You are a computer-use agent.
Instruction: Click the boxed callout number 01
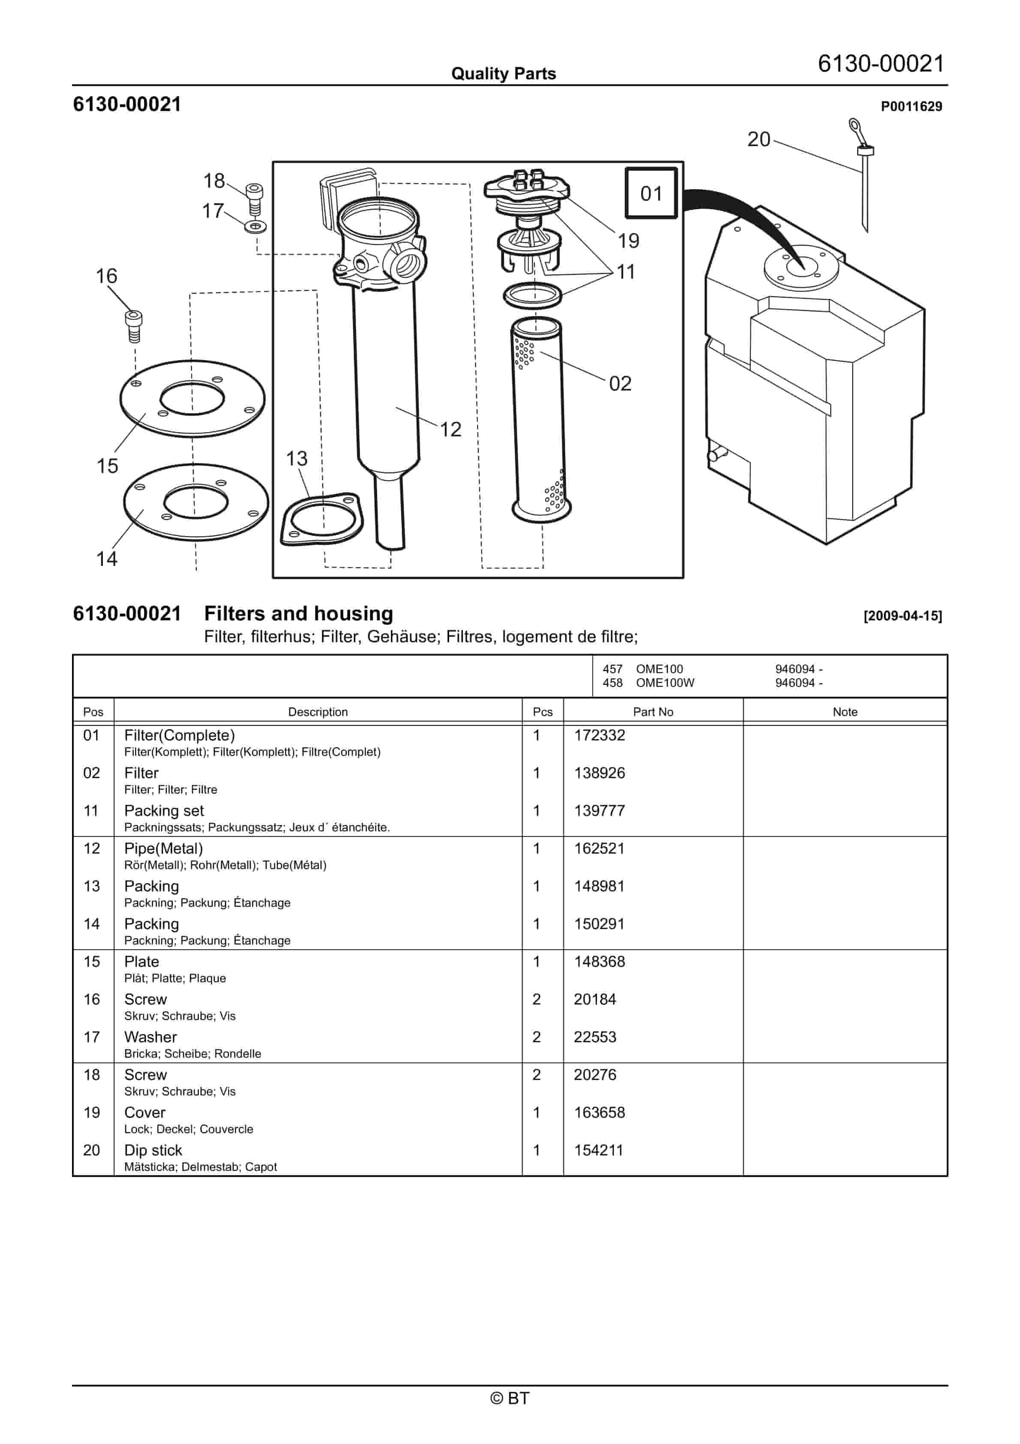point(651,193)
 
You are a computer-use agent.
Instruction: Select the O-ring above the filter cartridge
point(533,295)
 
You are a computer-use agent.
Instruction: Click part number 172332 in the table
point(599,735)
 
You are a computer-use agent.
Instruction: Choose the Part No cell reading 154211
point(597,1150)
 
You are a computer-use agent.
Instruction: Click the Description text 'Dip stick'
point(153,1150)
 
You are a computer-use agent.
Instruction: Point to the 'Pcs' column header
point(542,712)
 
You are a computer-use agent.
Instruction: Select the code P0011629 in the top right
point(911,106)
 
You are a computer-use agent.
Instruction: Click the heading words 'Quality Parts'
point(503,74)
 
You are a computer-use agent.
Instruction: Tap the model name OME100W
point(665,683)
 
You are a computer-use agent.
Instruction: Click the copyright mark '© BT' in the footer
point(510,1398)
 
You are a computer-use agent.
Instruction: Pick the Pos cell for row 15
point(92,962)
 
